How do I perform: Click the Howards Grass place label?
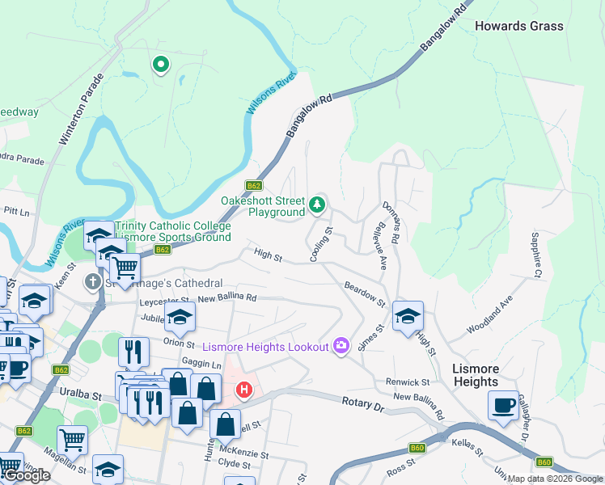[518, 26]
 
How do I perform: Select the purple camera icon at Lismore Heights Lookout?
[341, 346]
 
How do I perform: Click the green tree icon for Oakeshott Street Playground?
[317, 205]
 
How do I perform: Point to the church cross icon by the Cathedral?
[93, 283]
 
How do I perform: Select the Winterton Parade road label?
[80, 111]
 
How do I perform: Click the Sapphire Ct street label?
[535, 255]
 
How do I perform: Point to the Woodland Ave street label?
[489, 316]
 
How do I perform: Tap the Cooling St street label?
[321, 244]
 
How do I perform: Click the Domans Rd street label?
[391, 223]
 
